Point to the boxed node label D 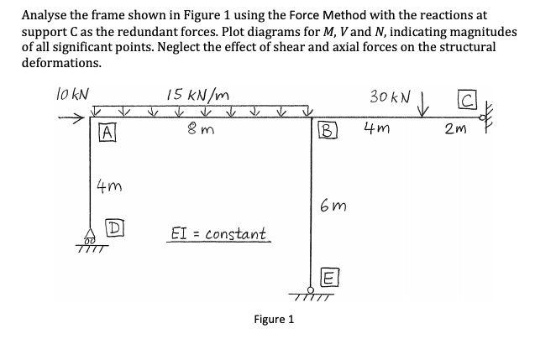pyautogui.click(x=110, y=227)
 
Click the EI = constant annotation pyautogui.click(x=218, y=232)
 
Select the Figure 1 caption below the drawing pyautogui.click(x=273, y=320)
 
